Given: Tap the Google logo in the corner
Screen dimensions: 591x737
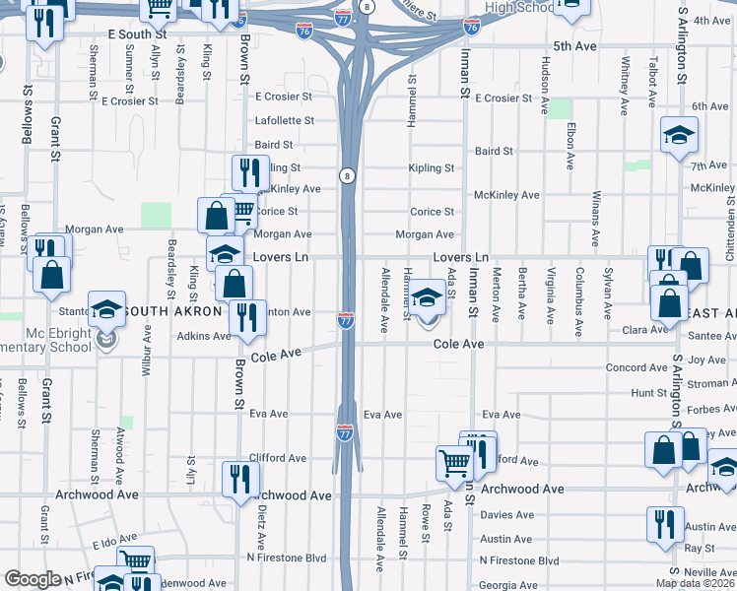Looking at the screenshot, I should (x=33, y=579).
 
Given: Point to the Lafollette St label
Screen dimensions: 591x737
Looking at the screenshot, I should (x=284, y=120).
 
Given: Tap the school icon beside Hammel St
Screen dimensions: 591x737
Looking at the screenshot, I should (x=428, y=298).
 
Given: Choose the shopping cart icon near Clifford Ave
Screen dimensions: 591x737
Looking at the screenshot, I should (x=454, y=461).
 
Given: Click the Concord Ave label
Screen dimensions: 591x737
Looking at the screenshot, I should (x=636, y=367).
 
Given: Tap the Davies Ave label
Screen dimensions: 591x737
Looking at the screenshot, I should (x=506, y=514).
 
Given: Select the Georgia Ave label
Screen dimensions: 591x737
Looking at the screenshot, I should (x=508, y=584).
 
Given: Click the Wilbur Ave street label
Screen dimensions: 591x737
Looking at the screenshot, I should (x=146, y=354).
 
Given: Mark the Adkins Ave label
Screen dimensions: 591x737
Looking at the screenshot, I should (x=204, y=336).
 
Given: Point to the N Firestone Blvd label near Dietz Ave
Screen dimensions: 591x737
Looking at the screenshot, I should (x=286, y=558).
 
